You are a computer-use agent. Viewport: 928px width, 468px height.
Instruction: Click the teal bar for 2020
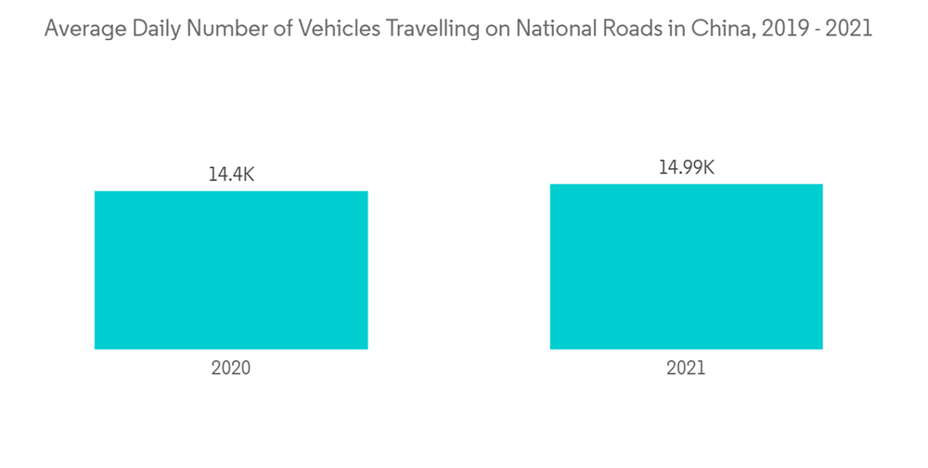point(231,270)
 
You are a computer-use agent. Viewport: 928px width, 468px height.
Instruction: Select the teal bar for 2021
point(686,266)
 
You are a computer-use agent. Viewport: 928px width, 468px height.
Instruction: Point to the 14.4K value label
point(230,175)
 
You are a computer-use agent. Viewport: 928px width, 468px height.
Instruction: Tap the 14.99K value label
point(686,167)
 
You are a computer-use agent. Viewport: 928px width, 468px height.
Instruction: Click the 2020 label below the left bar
point(231,368)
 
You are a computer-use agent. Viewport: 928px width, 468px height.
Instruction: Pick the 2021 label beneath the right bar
point(686,368)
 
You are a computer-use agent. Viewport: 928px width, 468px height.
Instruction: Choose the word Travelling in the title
point(434,29)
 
